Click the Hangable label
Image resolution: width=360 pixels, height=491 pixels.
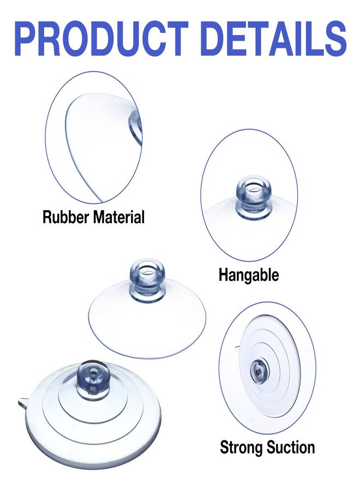coord(249,275)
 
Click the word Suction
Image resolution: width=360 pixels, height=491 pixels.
coord(290,447)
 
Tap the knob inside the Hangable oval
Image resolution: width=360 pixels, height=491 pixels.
coord(253,196)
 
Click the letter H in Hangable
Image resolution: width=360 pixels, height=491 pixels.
coord(223,274)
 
